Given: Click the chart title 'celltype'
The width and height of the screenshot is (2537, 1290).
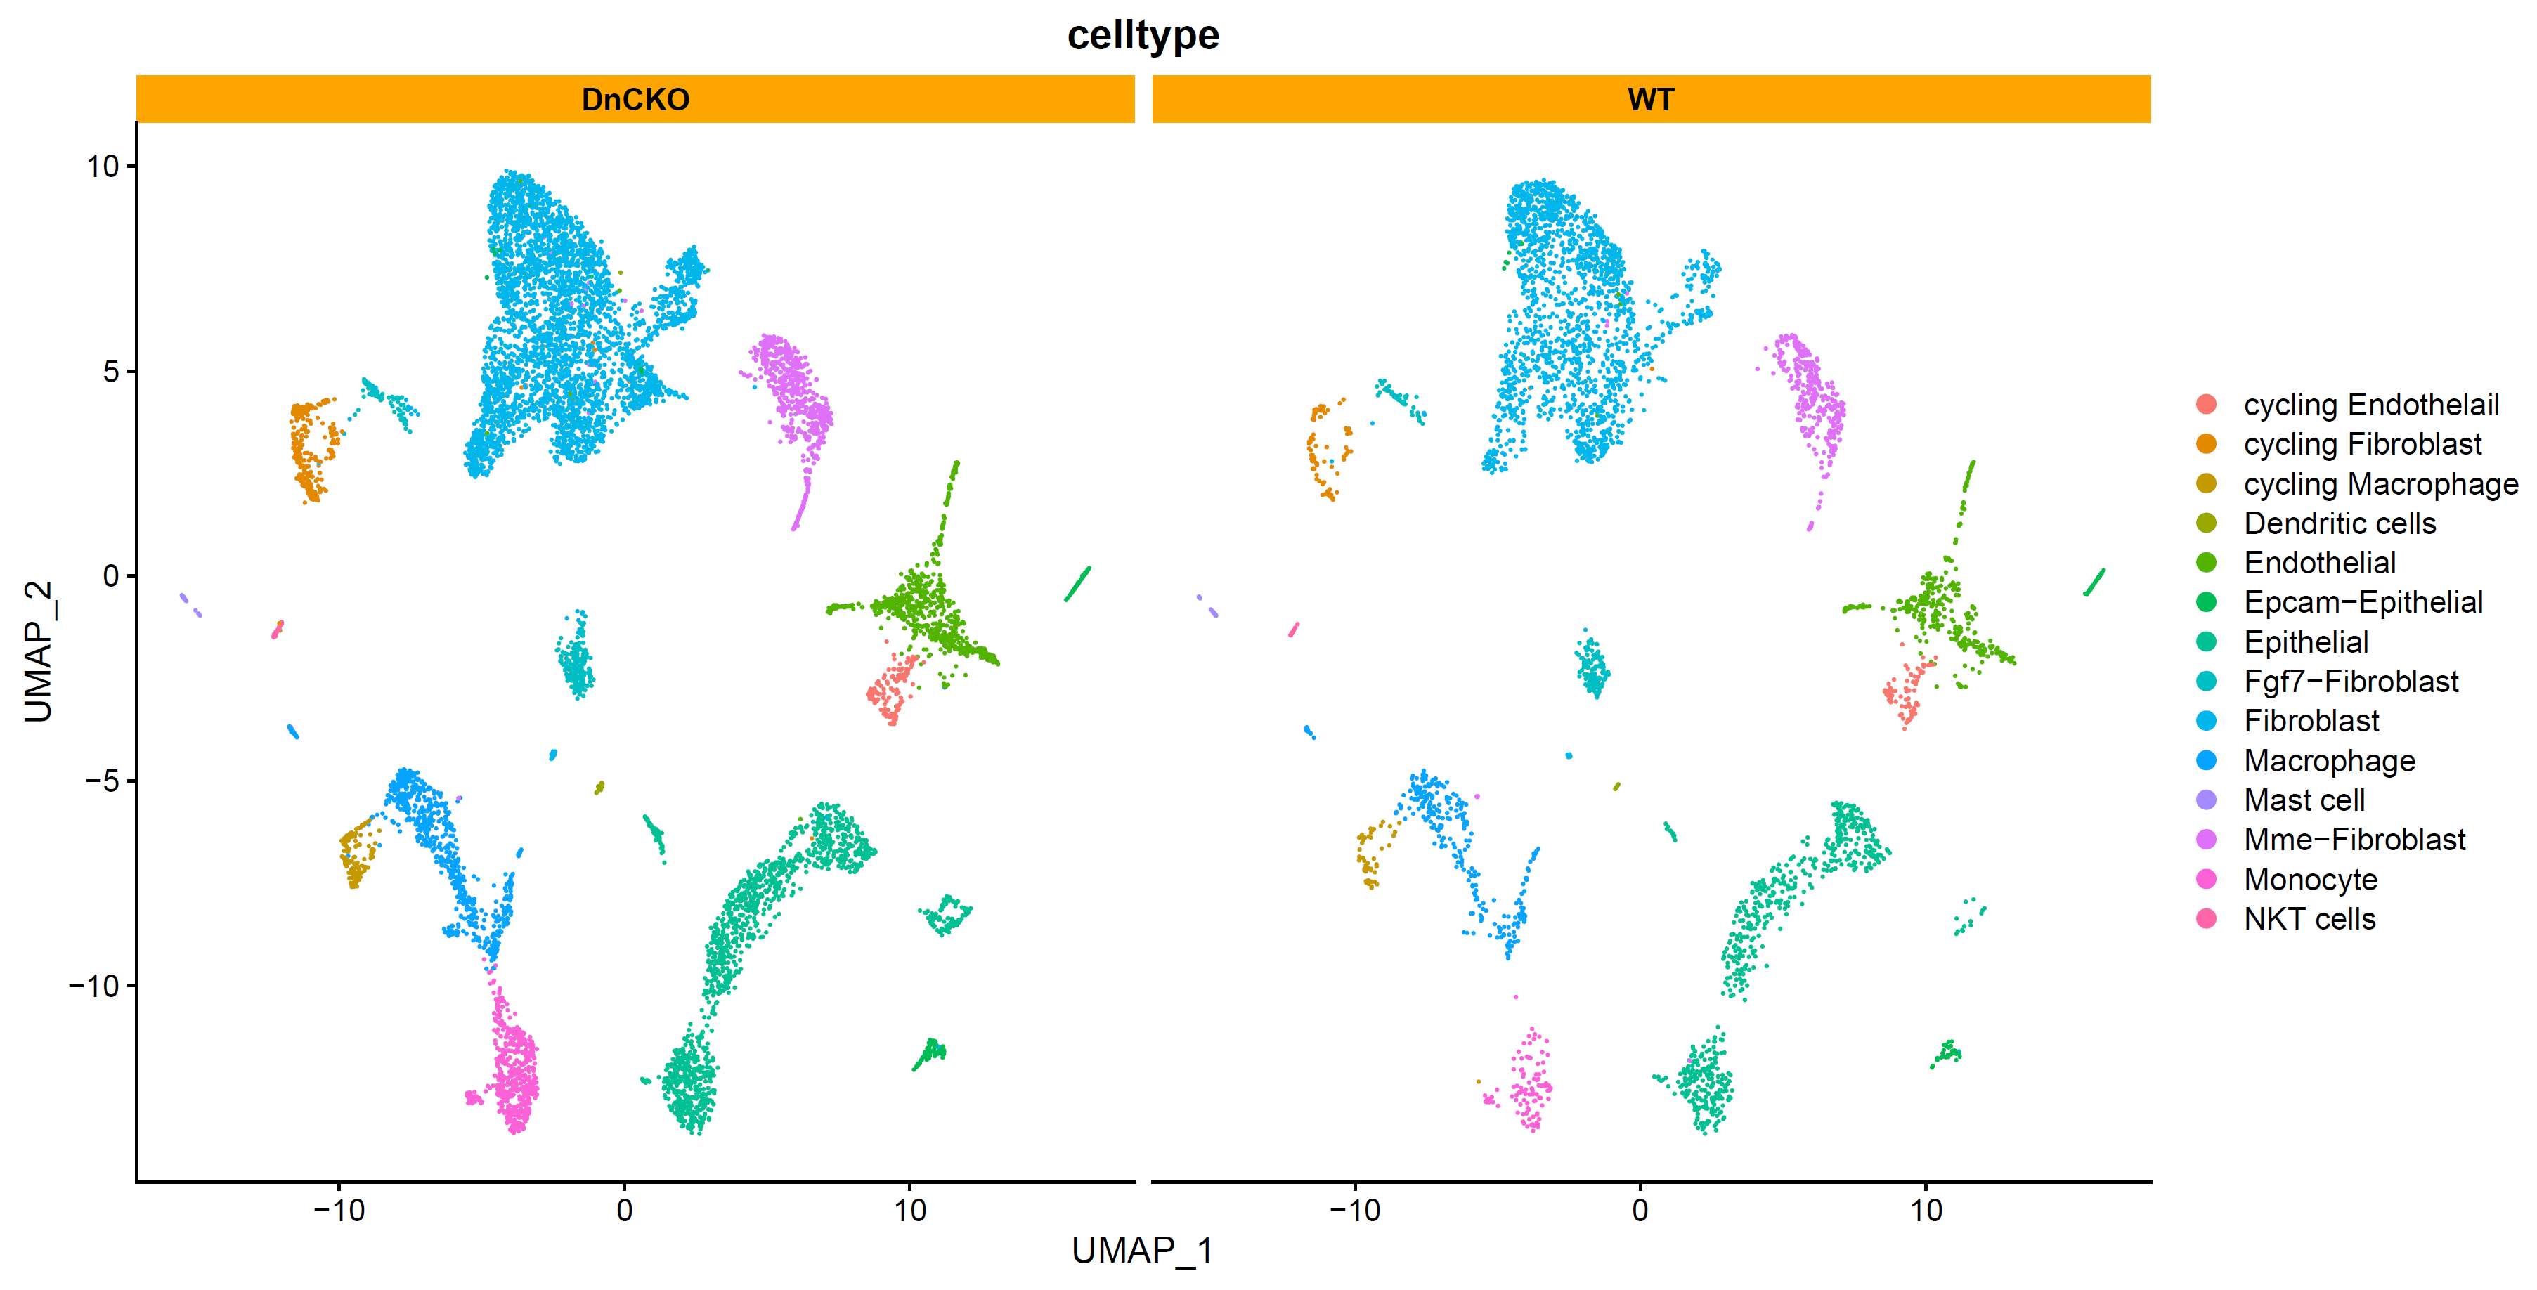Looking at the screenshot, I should [x=1143, y=35].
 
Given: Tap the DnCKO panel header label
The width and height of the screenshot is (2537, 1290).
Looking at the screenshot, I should [x=635, y=100].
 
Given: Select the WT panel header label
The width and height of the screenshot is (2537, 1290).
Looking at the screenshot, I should [x=1651, y=100].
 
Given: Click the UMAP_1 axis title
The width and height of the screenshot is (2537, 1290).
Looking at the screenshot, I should [x=1143, y=1250].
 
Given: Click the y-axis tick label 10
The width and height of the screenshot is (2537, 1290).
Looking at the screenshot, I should [x=103, y=167].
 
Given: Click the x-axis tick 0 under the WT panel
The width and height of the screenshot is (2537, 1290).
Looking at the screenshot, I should [x=1640, y=1209].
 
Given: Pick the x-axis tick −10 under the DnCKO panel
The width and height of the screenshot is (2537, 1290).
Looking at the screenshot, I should [x=339, y=1209].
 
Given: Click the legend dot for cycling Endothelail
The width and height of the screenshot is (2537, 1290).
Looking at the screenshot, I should [x=2206, y=404].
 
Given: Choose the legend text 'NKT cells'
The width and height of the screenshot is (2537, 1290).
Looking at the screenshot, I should [x=2309, y=919].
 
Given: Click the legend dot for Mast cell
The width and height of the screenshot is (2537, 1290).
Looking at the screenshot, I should [x=2206, y=800].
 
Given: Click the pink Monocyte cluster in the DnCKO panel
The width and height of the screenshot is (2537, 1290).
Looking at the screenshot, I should [x=515, y=1069].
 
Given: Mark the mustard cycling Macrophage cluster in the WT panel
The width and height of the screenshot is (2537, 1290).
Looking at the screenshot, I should [x=1369, y=855].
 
